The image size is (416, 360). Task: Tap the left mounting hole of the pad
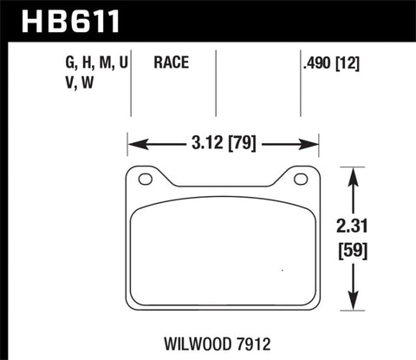pos(146,180)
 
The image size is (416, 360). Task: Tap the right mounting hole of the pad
pos(301,180)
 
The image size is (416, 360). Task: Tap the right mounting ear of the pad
pos(301,179)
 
